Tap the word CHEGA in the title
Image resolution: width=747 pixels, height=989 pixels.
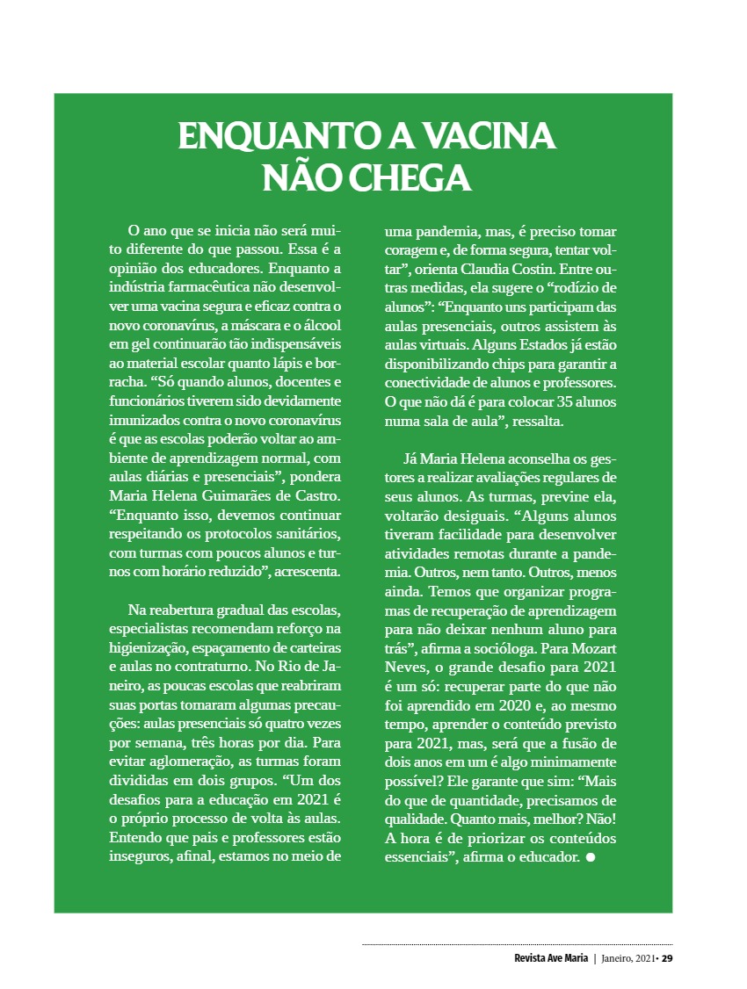pyautogui.click(x=410, y=177)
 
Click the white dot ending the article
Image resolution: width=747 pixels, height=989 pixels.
pyautogui.click(x=591, y=857)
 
